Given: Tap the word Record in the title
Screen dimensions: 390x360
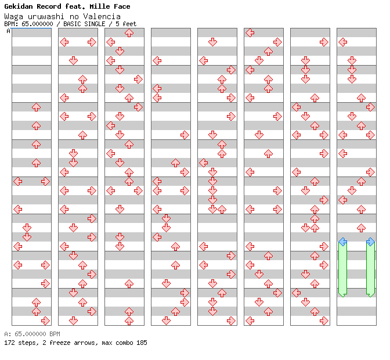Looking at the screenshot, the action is click(49, 6).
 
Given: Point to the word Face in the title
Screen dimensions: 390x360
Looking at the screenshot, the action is click(122, 6).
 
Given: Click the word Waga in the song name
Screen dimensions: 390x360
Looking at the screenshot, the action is click(14, 17).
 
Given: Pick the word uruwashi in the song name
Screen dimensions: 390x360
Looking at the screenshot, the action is click(46, 17).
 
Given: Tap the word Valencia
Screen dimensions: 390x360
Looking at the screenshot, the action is click(102, 17).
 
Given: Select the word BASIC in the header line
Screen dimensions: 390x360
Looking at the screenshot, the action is click(72, 24).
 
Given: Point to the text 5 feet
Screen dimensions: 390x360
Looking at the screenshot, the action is click(126, 24).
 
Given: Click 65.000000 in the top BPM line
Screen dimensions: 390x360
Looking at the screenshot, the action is click(37, 24).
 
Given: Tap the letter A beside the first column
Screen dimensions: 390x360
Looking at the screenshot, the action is click(9, 31).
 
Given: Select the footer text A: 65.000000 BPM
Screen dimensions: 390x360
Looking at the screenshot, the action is click(32, 334).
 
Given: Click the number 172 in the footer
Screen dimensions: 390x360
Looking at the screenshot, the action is click(9, 343).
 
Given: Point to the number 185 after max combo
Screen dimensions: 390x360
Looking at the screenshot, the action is click(142, 343).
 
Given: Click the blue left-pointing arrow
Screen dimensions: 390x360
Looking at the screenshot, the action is click(343, 242).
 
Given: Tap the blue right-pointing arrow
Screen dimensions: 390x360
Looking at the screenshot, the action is click(371, 242).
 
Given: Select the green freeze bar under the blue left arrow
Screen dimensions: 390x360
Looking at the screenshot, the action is click(343, 269).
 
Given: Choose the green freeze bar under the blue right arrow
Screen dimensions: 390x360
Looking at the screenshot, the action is click(371, 269).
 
